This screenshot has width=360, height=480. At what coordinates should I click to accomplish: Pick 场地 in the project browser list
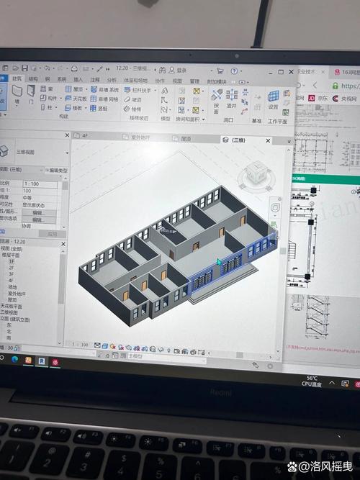[x=13, y=286]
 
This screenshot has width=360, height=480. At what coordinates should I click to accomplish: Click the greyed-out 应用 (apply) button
[x=50, y=234]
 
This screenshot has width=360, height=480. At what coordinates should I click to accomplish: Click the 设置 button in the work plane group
[x=274, y=100]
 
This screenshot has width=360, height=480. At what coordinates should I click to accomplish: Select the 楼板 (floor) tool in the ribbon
[x=75, y=109]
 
